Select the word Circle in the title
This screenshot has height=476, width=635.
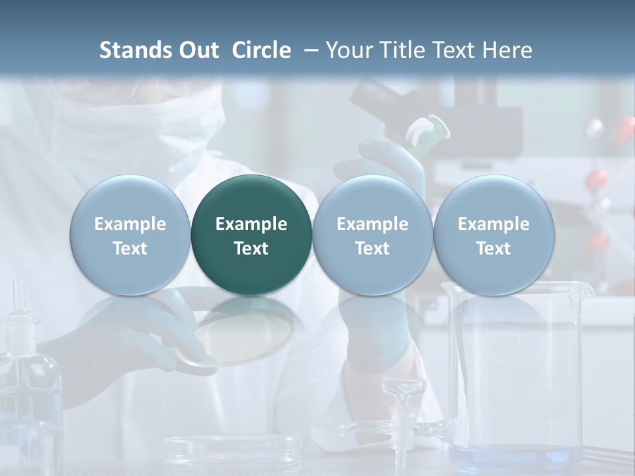(x=261, y=50)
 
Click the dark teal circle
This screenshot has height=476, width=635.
(x=251, y=235)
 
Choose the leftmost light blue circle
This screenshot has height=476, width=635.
(x=130, y=235)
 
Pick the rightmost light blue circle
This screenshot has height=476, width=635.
(x=493, y=235)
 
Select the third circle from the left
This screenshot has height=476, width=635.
(x=372, y=235)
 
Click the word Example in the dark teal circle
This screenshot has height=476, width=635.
(x=251, y=224)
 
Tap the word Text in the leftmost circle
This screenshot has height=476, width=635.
(x=130, y=249)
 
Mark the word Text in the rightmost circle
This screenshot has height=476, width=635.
(x=493, y=249)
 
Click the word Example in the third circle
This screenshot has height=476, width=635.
(x=372, y=224)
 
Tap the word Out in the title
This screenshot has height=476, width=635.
(x=198, y=50)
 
